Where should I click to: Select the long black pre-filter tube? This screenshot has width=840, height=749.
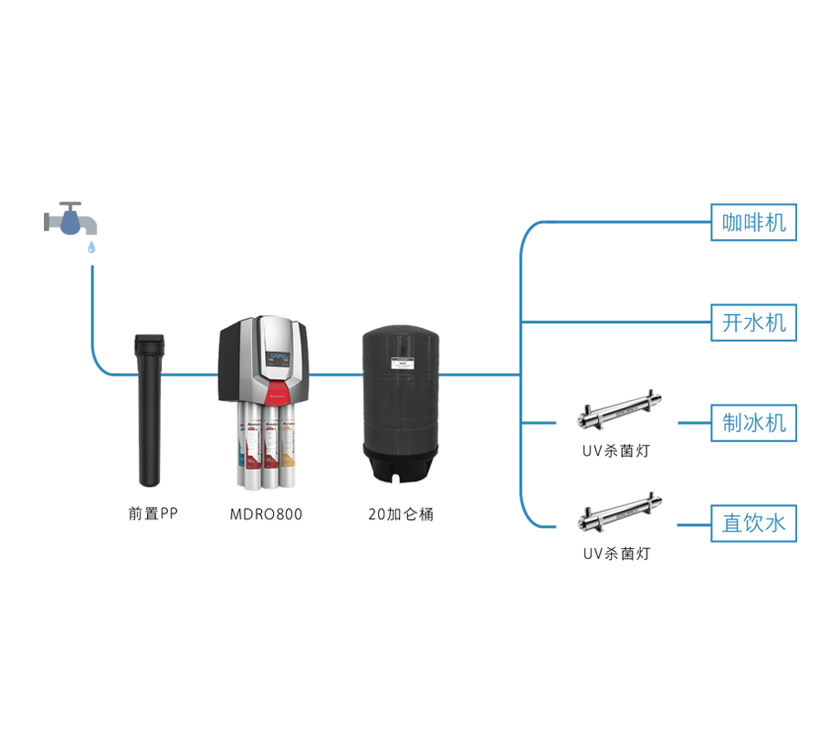click(x=148, y=411)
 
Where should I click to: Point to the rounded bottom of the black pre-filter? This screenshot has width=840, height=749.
click(x=148, y=479)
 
